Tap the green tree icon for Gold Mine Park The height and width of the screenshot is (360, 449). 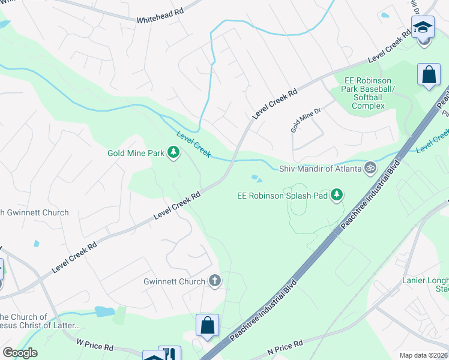(173, 153)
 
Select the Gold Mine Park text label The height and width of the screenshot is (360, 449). (136, 153)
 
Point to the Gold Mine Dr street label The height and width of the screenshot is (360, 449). (306, 120)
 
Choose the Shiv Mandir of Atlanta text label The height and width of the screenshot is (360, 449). (321, 169)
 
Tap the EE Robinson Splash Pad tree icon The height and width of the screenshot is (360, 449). (337, 195)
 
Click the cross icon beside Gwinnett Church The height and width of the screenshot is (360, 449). (214, 281)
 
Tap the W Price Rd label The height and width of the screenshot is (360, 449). (95, 346)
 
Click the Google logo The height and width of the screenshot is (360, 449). (20, 353)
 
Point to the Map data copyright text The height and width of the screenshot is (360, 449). (423, 355)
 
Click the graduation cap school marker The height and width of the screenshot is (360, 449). (423, 28)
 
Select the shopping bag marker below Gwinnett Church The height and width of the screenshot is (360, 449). (207, 326)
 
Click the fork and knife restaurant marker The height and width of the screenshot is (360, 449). (169, 354)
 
